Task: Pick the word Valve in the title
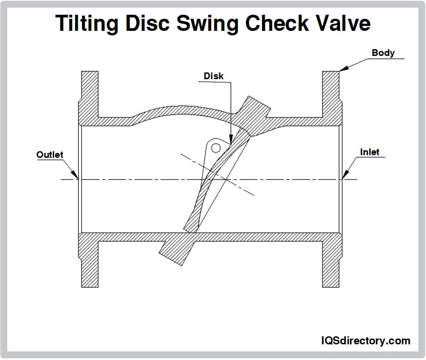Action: pyautogui.click(x=343, y=23)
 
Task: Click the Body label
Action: pyautogui.click(x=383, y=53)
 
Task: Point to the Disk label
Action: pyautogui.click(x=214, y=76)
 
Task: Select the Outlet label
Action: pyautogui.click(x=50, y=155)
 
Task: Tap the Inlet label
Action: pyautogui.click(x=369, y=152)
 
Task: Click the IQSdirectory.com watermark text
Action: pyautogui.click(x=366, y=341)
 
